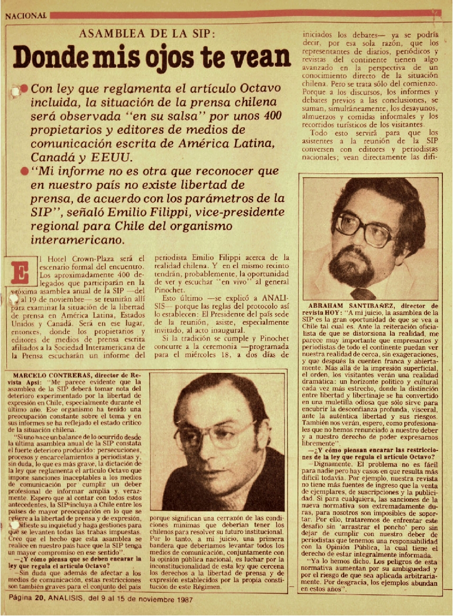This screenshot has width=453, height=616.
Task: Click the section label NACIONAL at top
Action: (x=26, y=16)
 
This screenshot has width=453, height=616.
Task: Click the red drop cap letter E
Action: (x=20, y=272)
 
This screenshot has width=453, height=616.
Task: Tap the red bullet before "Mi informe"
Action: (x=24, y=171)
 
